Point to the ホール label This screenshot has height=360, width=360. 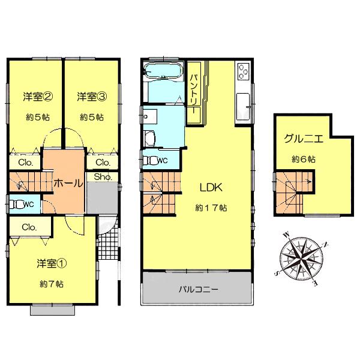(68, 184)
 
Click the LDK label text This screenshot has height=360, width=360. (211, 187)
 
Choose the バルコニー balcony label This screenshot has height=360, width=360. (198, 289)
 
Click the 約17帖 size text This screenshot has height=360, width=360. (211, 208)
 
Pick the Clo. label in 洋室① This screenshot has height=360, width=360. (29, 227)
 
